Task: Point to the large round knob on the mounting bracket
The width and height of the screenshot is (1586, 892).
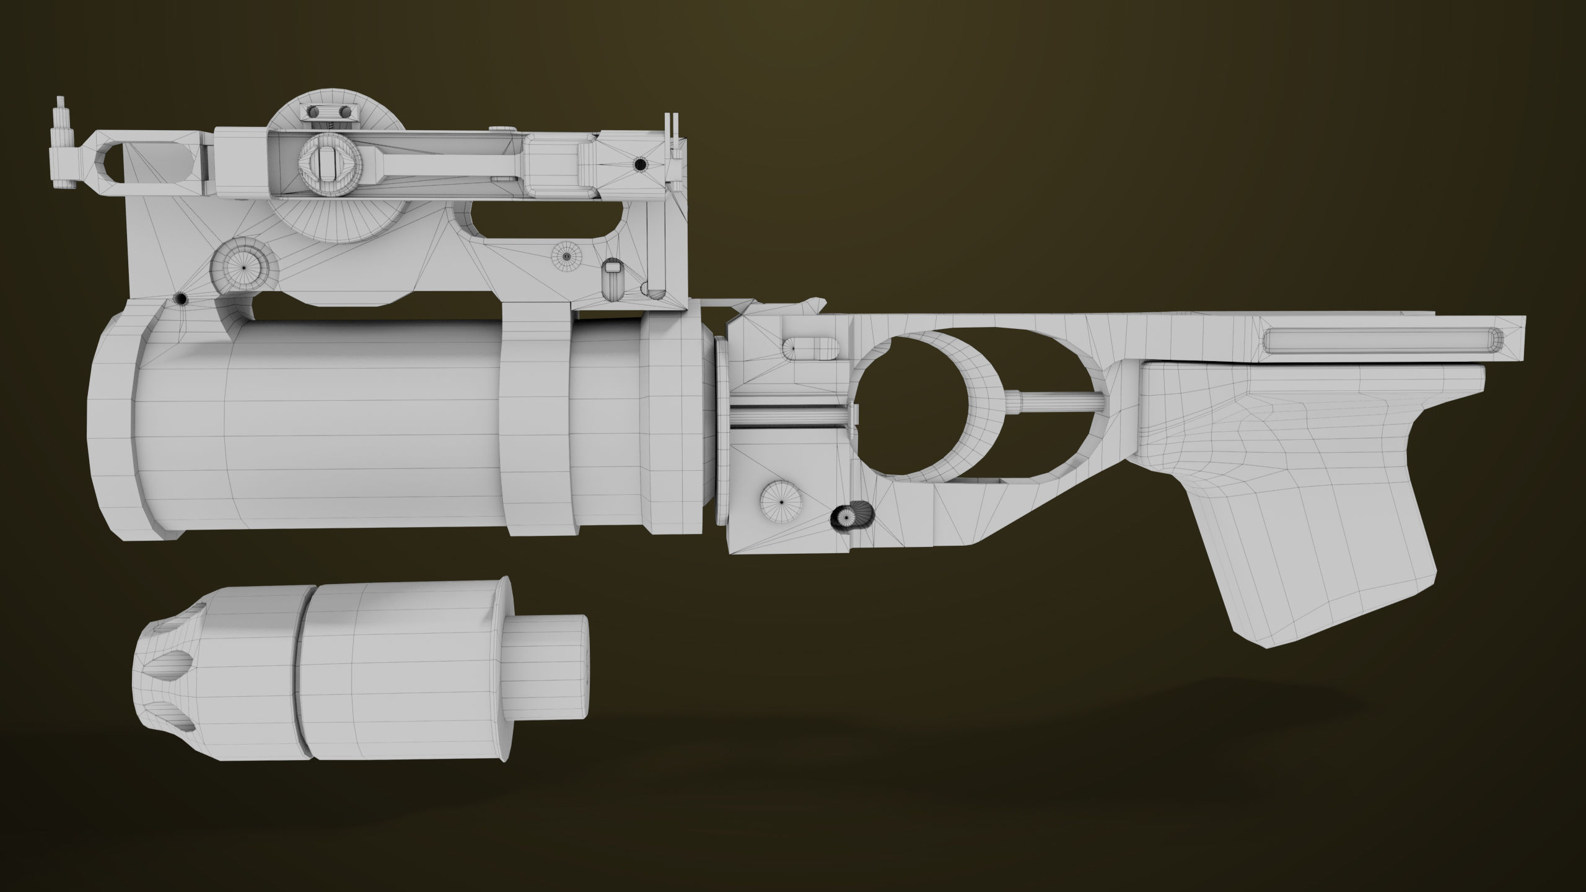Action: pos(243,266)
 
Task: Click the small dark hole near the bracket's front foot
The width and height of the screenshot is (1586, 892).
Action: pos(182,299)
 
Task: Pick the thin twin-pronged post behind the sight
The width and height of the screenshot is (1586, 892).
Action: pos(671,133)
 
